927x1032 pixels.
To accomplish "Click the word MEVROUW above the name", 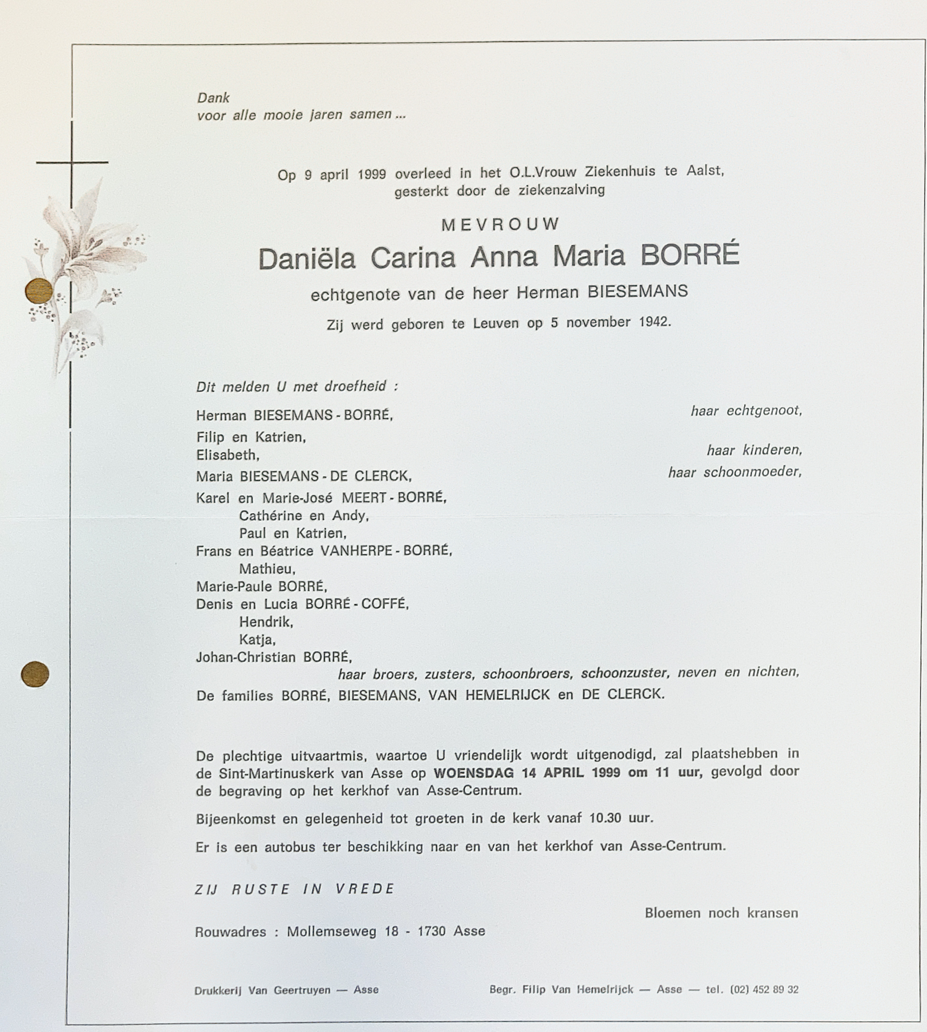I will point(500,224).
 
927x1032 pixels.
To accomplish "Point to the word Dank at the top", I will point(213,98).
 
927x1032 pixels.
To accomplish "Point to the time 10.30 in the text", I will point(605,818).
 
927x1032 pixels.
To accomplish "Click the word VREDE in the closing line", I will point(365,889).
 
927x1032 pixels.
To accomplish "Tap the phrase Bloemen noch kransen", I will point(721,913).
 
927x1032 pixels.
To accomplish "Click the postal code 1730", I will point(431,931).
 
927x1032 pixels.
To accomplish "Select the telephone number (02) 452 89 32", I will point(764,989).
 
